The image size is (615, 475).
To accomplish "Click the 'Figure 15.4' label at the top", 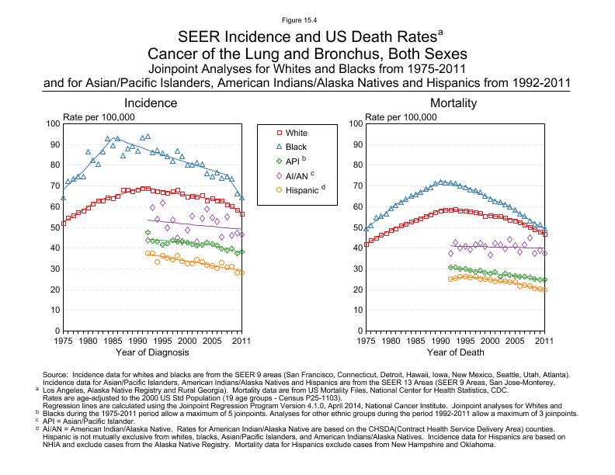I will coord(307,18).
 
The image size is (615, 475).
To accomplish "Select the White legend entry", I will coord(297,133).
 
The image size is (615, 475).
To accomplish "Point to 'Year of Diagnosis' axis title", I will coord(152,354).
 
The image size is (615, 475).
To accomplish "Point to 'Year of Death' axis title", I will coord(453,354).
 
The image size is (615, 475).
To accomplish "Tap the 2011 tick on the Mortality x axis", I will coord(544,340).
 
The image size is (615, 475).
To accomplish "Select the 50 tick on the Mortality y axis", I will coord(356,227).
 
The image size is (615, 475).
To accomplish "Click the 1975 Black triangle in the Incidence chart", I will coord(64,197).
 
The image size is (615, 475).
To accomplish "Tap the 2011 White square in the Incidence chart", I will coord(241,214).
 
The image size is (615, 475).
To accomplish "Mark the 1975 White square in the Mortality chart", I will coord(366,244).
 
